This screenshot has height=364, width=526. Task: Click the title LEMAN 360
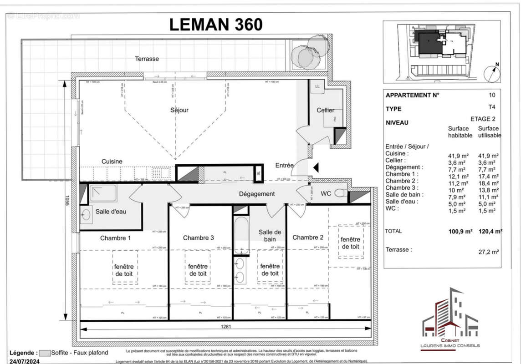click(216, 24)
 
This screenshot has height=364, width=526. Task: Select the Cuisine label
click(112, 162)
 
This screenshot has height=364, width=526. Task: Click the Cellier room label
click(326, 110)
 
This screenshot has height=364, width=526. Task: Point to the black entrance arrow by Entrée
click(316, 168)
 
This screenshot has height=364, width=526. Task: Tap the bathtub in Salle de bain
click(241, 235)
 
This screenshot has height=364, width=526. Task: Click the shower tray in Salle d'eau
click(103, 193)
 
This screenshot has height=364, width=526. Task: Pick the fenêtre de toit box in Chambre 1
click(123, 270)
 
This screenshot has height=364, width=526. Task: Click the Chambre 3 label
click(199, 238)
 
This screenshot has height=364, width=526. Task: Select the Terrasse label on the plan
click(147, 59)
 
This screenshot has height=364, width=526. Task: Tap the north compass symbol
click(492, 73)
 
